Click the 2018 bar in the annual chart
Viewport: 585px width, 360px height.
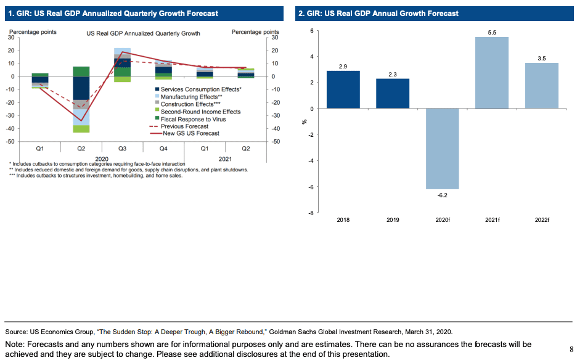point(343,89)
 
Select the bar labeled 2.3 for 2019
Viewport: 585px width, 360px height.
point(393,93)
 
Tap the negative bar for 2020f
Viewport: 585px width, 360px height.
point(442,149)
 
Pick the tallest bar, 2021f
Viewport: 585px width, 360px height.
point(491,73)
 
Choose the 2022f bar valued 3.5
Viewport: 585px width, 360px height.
point(541,86)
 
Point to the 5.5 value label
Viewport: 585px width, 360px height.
point(491,32)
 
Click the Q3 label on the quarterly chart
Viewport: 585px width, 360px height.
point(122,149)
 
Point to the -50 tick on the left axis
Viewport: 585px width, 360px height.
point(10,142)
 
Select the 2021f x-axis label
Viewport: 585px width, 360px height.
point(491,219)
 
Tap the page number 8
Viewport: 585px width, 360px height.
point(572,349)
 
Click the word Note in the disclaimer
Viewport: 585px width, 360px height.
point(15,344)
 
